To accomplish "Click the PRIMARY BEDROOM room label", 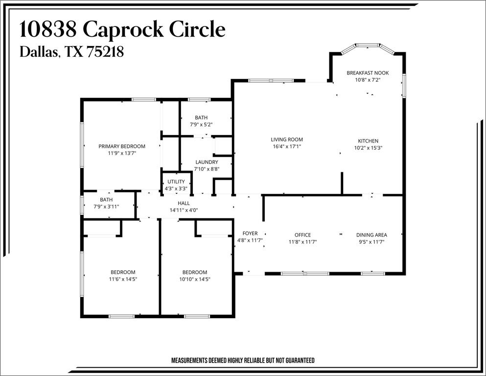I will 122,146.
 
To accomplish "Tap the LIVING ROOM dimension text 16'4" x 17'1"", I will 287,146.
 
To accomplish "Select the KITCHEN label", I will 368,141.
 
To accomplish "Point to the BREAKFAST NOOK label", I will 368,73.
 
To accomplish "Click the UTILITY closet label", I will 176,182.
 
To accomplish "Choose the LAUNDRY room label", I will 207,162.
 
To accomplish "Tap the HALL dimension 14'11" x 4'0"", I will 184,210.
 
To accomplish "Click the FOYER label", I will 250,234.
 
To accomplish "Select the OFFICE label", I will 302,235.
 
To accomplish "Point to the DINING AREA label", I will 371,235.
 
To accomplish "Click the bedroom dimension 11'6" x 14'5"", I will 122,279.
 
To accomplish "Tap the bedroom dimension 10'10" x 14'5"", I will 195,279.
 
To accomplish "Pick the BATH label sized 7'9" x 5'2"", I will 201,117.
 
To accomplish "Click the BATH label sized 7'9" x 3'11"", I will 106,200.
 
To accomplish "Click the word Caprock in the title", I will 124,30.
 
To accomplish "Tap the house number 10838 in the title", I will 48,30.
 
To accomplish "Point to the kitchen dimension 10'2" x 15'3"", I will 368,148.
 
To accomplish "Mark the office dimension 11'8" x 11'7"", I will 302,242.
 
